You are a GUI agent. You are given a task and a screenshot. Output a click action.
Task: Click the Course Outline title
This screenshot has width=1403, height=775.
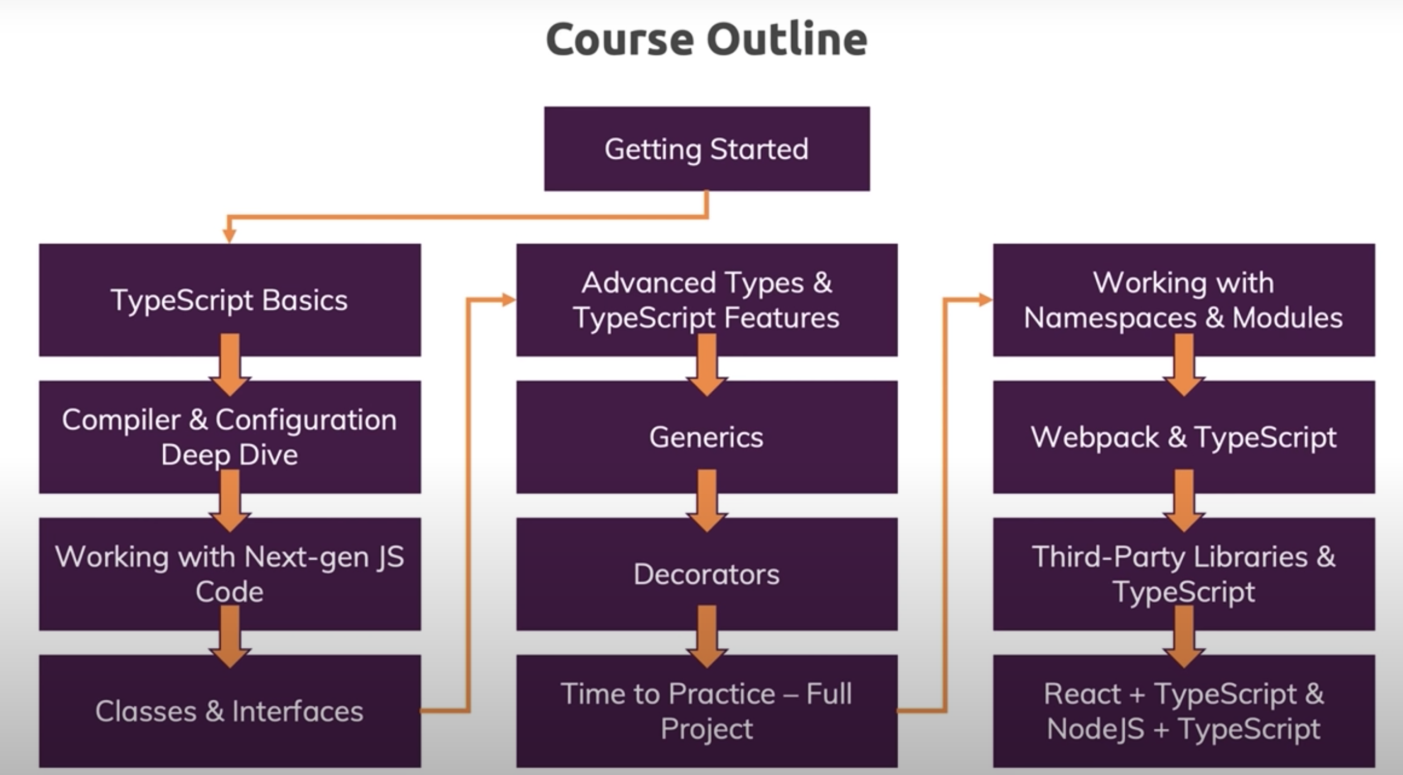pos(706,39)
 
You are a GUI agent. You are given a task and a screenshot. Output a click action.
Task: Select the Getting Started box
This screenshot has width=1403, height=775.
pos(706,149)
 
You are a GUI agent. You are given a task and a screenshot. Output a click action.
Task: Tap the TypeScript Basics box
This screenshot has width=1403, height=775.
pos(229,299)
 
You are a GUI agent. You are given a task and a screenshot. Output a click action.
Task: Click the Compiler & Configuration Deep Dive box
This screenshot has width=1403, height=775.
pos(229,436)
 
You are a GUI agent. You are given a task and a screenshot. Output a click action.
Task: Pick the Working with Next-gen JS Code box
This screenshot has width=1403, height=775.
pos(229,574)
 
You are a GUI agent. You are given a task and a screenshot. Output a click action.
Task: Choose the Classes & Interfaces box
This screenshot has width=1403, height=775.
pos(229,711)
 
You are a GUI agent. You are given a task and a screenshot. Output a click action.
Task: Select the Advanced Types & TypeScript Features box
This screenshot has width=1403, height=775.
pos(706,299)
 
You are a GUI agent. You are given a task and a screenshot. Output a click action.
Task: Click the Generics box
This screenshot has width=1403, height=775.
pos(706,436)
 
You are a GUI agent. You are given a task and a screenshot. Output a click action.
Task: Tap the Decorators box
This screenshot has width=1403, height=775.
pos(706,574)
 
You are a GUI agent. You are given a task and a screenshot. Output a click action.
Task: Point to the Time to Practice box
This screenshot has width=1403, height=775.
pos(706,711)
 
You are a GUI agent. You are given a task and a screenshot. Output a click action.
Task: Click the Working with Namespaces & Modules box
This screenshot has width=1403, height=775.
pos(1183,299)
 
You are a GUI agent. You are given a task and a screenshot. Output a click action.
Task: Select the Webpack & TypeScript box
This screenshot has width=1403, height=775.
pos(1183,436)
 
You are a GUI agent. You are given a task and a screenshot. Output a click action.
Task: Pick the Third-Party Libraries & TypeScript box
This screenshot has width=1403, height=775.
pos(1183,574)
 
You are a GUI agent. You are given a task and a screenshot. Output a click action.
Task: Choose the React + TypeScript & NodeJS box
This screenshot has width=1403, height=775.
pos(1183,711)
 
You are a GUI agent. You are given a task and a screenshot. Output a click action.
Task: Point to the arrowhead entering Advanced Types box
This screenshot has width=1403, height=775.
pos(508,299)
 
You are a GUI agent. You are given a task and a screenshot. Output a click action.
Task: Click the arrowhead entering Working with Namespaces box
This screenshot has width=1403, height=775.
pos(985,299)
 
